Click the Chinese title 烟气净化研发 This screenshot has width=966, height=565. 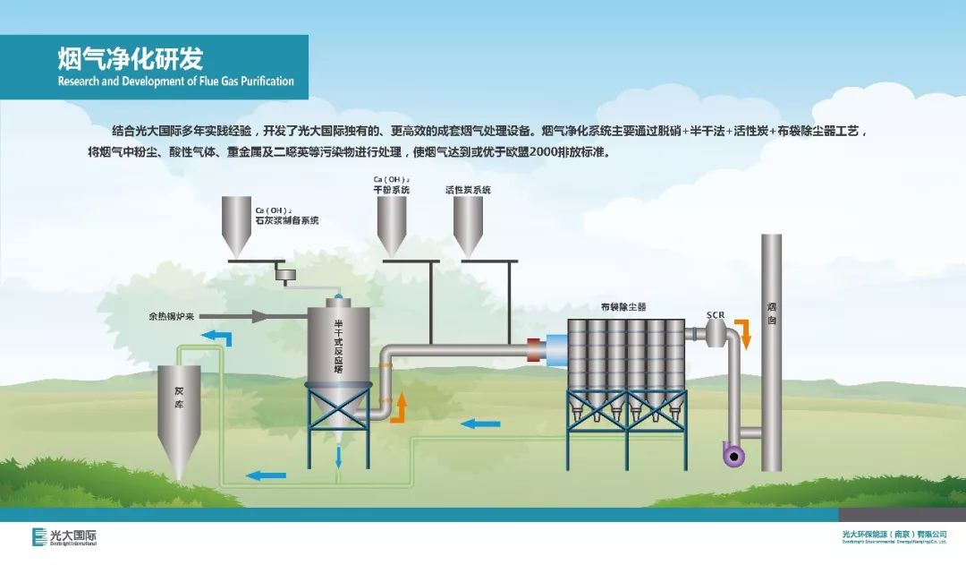tap(131, 59)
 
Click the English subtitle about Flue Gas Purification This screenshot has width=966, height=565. tap(175, 81)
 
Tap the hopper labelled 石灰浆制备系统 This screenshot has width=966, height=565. tap(236, 225)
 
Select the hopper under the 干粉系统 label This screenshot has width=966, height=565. tap(391, 223)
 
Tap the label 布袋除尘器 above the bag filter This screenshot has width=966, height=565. tap(623, 307)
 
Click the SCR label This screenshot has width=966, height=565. tap(715, 315)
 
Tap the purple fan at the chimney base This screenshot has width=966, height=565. tap(733, 455)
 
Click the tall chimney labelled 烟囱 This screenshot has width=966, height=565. tap(771, 349)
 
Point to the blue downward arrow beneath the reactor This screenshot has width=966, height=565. tap(338, 458)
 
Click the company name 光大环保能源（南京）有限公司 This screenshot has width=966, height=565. tap(894, 535)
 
